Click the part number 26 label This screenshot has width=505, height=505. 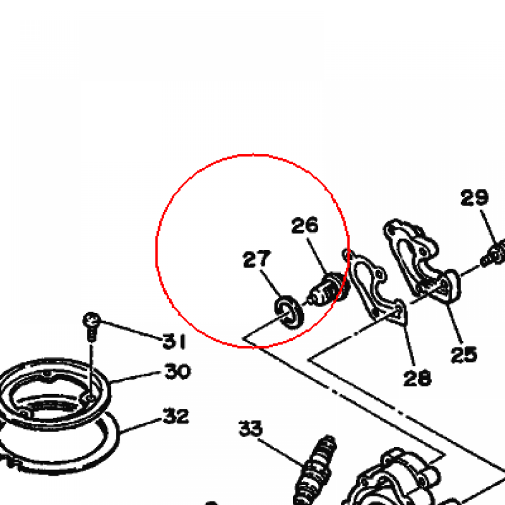click(305, 225)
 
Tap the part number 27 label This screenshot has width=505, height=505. click(256, 259)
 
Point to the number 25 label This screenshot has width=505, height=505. click(464, 355)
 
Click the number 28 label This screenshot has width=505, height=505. click(417, 378)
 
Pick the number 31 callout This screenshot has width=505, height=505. click(174, 341)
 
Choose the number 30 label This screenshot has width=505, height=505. click(178, 371)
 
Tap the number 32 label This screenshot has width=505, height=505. click(176, 416)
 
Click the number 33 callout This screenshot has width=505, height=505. click(251, 429)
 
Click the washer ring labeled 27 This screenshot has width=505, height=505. click(289, 312)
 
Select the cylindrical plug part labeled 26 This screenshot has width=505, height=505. click(328, 289)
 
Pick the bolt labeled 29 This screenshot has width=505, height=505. click(493, 254)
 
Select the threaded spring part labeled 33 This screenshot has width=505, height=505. click(316, 470)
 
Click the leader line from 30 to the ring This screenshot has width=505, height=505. click(135, 377)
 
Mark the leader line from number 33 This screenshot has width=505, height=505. click(281, 453)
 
